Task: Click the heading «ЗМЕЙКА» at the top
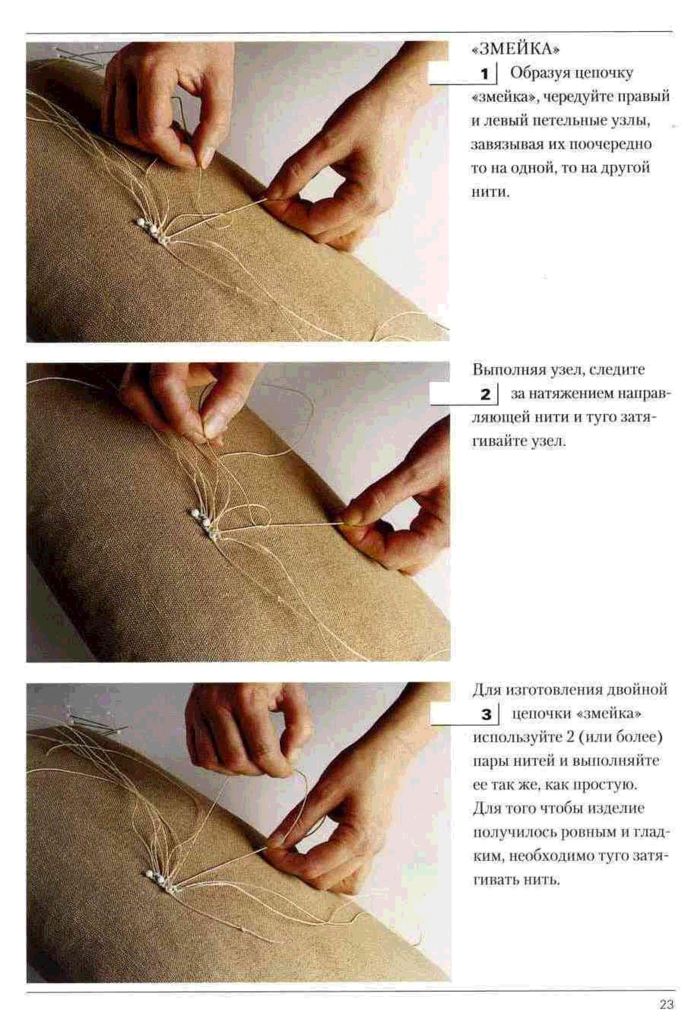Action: [x=515, y=49]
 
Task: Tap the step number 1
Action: [x=485, y=74]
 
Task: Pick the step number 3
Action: [x=486, y=715]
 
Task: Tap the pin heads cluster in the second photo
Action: [x=204, y=522]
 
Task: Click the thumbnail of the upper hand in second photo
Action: [x=216, y=423]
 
